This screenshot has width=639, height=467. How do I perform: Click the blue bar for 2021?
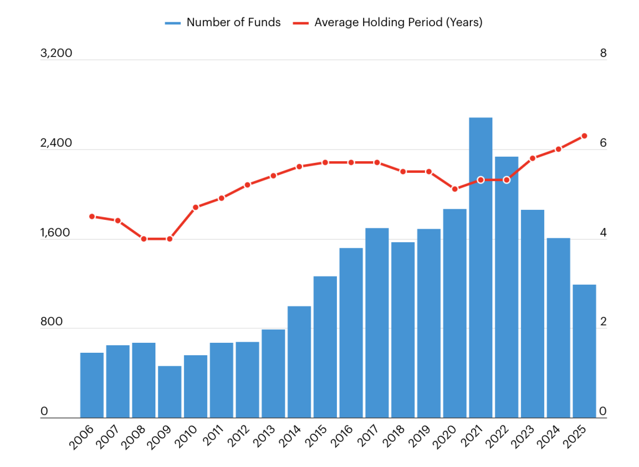point(480,268)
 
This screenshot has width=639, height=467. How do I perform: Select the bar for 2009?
point(170,392)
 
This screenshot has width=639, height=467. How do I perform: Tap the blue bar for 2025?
point(584,351)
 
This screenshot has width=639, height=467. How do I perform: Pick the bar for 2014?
point(299,361)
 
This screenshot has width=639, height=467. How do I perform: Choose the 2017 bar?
point(377,323)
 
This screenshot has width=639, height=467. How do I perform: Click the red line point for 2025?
point(584,136)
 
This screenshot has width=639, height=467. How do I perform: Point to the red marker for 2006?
point(92,217)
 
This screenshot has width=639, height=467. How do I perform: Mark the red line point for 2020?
point(455,189)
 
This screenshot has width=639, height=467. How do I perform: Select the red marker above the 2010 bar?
point(195,207)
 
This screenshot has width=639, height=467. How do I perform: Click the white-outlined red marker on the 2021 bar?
point(480,180)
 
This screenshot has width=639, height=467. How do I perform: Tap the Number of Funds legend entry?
point(223,22)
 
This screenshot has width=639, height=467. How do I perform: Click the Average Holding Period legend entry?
point(388,22)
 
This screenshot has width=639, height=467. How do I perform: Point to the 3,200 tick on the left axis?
point(56,53)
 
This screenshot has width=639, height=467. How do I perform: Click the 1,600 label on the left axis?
point(55,232)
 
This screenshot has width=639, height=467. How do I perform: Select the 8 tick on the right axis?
point(603,53)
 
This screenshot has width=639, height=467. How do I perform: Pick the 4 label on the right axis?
point(603,232)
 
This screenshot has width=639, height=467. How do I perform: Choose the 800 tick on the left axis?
point(51,322)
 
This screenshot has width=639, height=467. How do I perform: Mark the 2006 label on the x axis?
point(82,438)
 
